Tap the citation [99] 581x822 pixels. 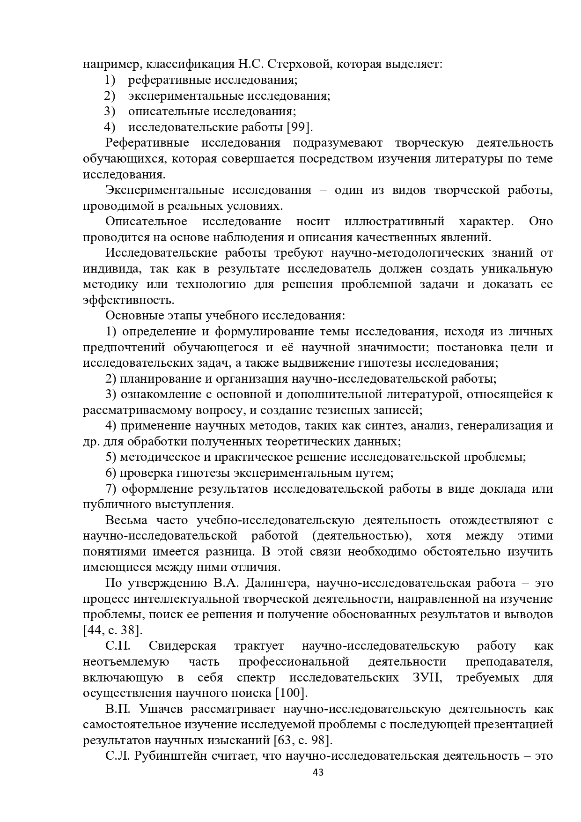pos(299,127)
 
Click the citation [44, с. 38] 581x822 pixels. pos(112,630)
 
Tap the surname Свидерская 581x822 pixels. pos(183,646)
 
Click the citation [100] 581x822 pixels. pos(291,693)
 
